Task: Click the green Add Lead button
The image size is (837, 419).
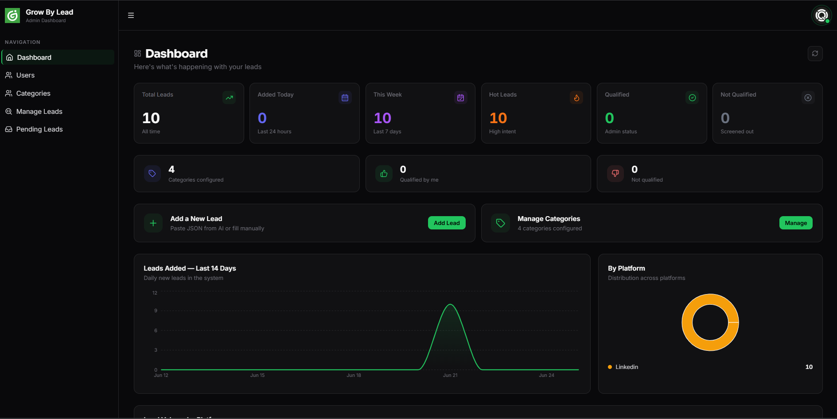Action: tap(447, 223)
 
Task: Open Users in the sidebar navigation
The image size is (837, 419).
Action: tap(25, 75)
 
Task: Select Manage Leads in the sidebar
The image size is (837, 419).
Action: tap(39, 112)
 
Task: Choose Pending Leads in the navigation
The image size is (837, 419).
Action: tap(39, 129)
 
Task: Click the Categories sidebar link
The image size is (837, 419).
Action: tap(33, 93)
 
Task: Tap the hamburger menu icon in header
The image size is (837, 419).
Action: tap(131, 16)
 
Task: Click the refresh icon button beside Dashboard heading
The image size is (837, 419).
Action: tap(815, 54)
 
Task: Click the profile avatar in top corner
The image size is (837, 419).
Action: tap(821, 16)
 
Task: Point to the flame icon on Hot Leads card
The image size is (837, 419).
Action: tap(576, 97)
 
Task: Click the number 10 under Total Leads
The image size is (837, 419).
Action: tap(151, 118)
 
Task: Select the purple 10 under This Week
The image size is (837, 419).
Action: tap(382, 118)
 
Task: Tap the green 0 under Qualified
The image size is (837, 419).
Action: tap(609, 118)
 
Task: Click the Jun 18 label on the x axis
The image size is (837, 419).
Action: tap(354, 376)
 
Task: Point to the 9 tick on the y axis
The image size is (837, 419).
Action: tap(156, 310)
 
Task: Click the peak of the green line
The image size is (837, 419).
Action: tap(450, 304)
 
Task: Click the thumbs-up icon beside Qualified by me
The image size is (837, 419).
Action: tap(384, 174)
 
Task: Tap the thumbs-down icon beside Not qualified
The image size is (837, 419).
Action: tap(615, 174)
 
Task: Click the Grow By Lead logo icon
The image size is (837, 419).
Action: tap(12, 16)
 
